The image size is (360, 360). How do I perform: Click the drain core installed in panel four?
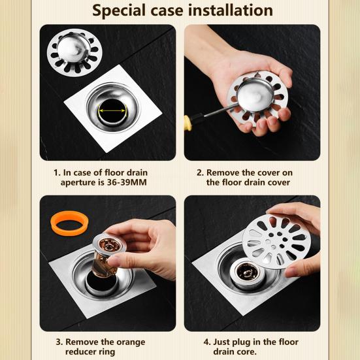tap(249, 270)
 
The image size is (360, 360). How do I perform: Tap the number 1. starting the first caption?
tap(57, 172)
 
